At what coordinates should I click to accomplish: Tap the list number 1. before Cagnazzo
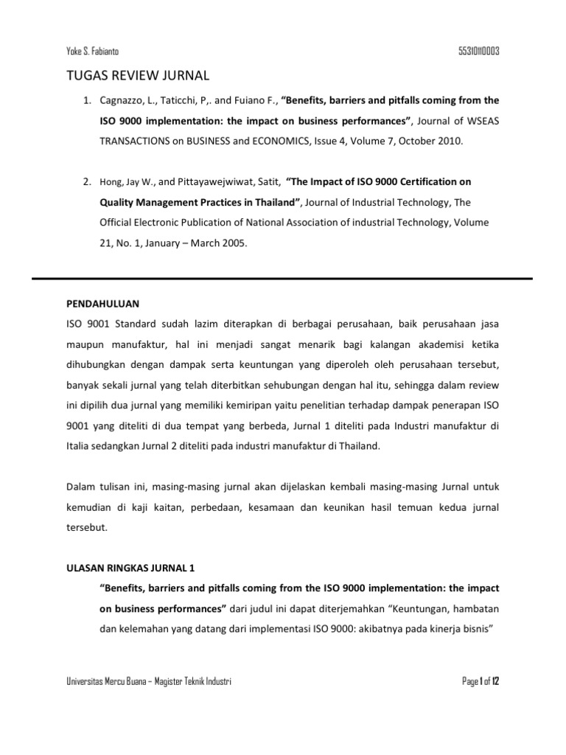(x=85, y=100)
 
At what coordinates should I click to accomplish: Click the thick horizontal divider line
(x=282, y=279)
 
